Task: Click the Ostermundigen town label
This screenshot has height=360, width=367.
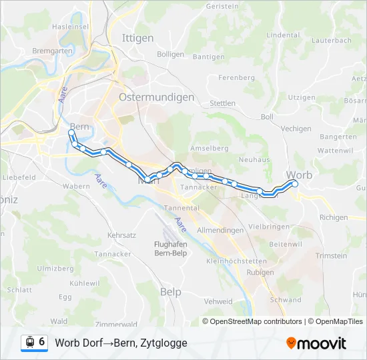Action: point(156,97)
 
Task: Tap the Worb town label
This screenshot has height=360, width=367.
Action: point(298,175)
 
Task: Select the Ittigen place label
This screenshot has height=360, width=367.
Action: point(137,38)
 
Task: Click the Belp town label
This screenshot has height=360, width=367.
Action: point(171,291)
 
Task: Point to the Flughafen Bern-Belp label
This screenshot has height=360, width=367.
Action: point(165,248)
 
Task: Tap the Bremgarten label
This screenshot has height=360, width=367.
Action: point(51,51)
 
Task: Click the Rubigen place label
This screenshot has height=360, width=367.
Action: point(260,272)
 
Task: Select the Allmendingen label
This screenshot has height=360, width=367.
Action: point(221,229)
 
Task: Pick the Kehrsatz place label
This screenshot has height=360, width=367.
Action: point(121,235)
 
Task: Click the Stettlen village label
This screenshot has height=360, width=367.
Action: point(222,103)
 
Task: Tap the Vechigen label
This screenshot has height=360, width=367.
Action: point(296,129)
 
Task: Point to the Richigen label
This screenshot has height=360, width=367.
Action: point(334,217)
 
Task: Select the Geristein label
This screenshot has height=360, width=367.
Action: point(222,6)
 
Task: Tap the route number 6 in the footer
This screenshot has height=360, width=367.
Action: point(42,342)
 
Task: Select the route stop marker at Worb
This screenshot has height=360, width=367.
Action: point(295,184)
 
